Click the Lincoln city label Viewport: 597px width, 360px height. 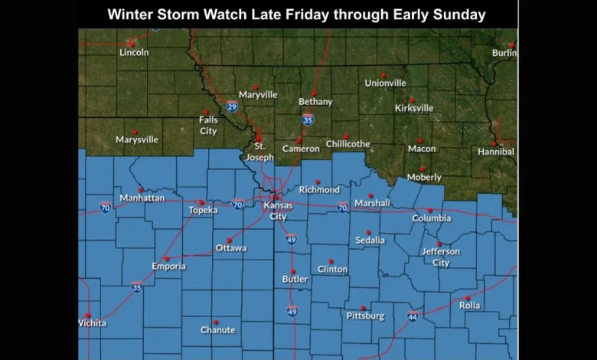click(x=134, y=52)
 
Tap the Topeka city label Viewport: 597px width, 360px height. click(x=203, y=210)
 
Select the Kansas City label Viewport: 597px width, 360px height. click(x=278, y=211)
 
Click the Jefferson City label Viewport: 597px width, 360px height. click(x=441, y=257)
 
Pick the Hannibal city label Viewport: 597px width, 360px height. click(x=496, y=152)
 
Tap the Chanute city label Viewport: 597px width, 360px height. click(x=217, y=330)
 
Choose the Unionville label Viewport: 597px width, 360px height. click(x=385, y=83)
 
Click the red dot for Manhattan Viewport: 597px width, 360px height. click(x=141, y=189)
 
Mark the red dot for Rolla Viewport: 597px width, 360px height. click(x=468, y=298)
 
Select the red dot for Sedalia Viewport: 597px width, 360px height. click(x=368, y=232)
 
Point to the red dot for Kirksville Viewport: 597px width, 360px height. click(x=412, y=100)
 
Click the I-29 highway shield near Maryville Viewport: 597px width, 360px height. click(x=232, y=106)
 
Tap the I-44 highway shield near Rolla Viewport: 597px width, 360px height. click(x=413, y=316)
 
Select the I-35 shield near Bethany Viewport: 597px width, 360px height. click(x=308, y=119)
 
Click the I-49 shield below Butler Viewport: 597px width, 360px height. click(x=292, y=311)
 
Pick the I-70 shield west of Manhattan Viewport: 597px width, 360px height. click(x=105, y=207)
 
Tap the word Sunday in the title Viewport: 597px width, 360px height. click(x=460, y=15)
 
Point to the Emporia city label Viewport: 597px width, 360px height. click(x=168, y=267)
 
